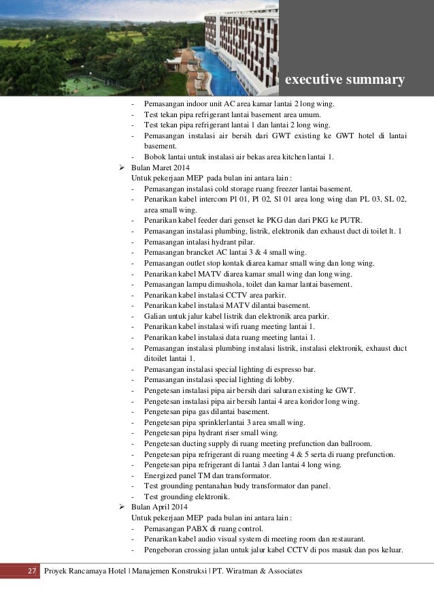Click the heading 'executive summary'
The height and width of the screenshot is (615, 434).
click(x=344, y=81)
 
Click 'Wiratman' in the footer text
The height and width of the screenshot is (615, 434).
click(x=241, y=569)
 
